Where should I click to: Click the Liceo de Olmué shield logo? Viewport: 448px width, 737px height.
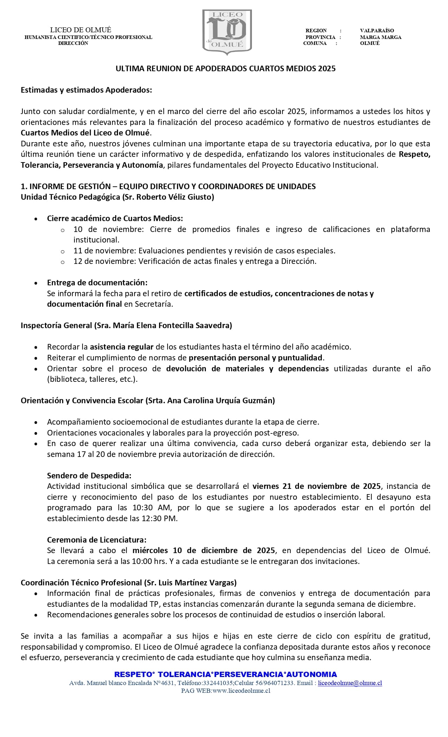coord(227,32)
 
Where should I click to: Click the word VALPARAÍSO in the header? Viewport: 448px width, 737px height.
coord(377,31)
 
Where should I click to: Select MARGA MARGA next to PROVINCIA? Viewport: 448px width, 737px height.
coord(380,37)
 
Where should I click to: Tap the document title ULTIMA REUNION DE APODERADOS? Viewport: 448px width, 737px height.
coord(226,68)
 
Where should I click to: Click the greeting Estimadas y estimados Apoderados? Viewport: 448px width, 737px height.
coord(86,90)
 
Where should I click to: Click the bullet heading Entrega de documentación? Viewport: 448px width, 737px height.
coord(97,283)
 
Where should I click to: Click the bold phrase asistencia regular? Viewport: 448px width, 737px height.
coord(122,347)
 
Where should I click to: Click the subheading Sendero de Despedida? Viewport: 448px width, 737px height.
coord(89,476)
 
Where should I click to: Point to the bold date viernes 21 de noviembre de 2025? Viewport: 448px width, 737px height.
coord(316,486)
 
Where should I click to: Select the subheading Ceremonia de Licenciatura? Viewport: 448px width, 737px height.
coord(97,539)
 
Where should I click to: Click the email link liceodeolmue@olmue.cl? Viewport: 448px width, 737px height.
coord(350,683)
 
